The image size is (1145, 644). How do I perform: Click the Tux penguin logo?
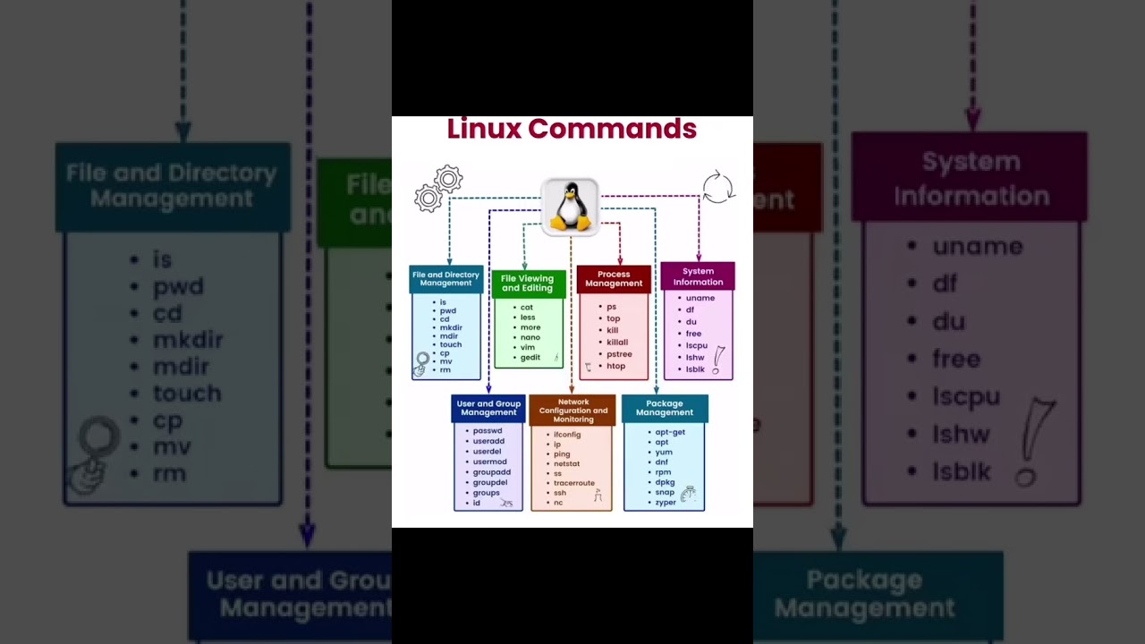point(570,208)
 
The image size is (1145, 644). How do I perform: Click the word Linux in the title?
point(484,129)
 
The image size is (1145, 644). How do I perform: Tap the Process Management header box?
point(614,279)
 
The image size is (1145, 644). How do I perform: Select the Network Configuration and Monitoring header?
point(572,411)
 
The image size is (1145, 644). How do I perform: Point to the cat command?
point(527,308)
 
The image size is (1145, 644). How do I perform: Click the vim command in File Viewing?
point(528,347)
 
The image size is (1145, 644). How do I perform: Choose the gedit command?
point(530,358)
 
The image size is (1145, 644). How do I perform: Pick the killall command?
point(617,343)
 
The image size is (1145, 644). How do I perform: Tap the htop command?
point(615,366)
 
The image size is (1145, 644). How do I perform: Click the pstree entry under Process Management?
point(619,354)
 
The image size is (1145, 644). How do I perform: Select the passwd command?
point(488,431)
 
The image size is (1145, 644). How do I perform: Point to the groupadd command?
point(492,472)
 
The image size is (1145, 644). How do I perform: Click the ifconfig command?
point(567,435)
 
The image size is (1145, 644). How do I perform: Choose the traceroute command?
point(573,483)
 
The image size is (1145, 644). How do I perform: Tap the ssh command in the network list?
point(560,493)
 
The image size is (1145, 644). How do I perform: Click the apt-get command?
point(670,432)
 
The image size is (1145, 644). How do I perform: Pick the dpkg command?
point(665,482)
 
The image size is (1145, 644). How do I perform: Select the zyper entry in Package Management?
point(666,503)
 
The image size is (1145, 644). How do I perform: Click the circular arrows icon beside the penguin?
point(717,188)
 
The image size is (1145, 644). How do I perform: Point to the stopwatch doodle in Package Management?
point(688,493)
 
